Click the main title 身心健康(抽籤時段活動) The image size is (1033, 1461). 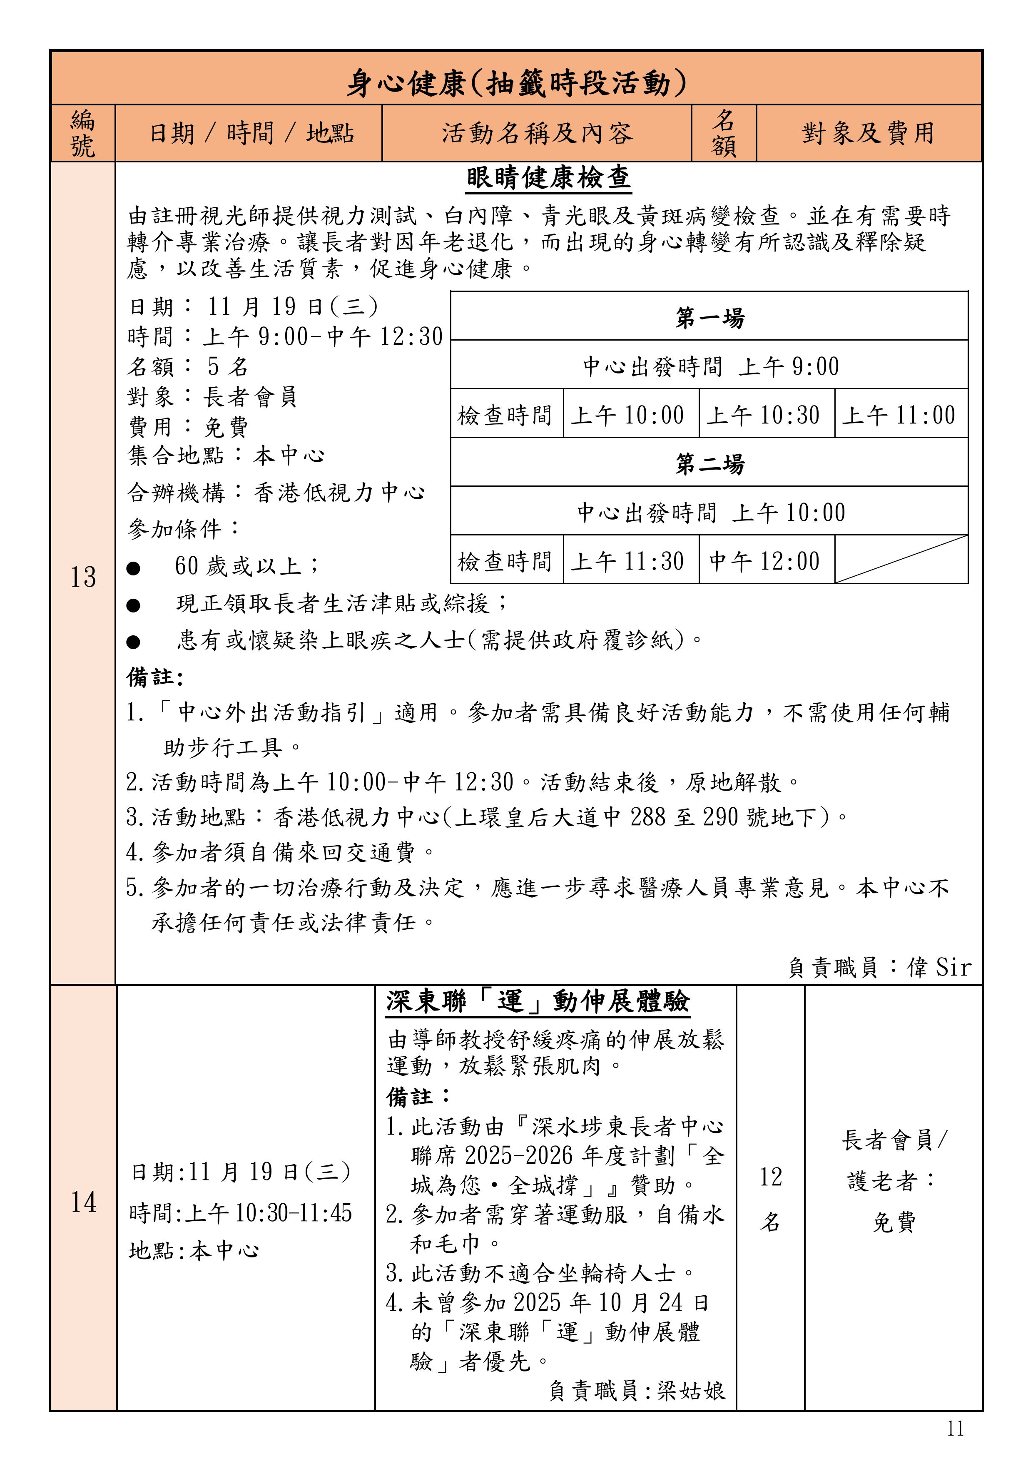pyautogui.click(x=516, y=83)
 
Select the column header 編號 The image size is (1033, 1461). pyautogui.click(x=83, y=133)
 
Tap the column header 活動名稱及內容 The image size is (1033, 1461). pyautogui.click(x=537, y=133)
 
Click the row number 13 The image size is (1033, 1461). pyautogui.click(x=83, y=577)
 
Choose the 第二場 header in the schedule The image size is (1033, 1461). pyautogui.click(x=709, y=463)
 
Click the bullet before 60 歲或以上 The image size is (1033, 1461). pyautogui.click(x=133, y=567)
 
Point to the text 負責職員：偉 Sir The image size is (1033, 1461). pyautogui.click(x=880, y=967)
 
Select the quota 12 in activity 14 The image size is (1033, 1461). pyautogui.click(x=770, y=1177)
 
